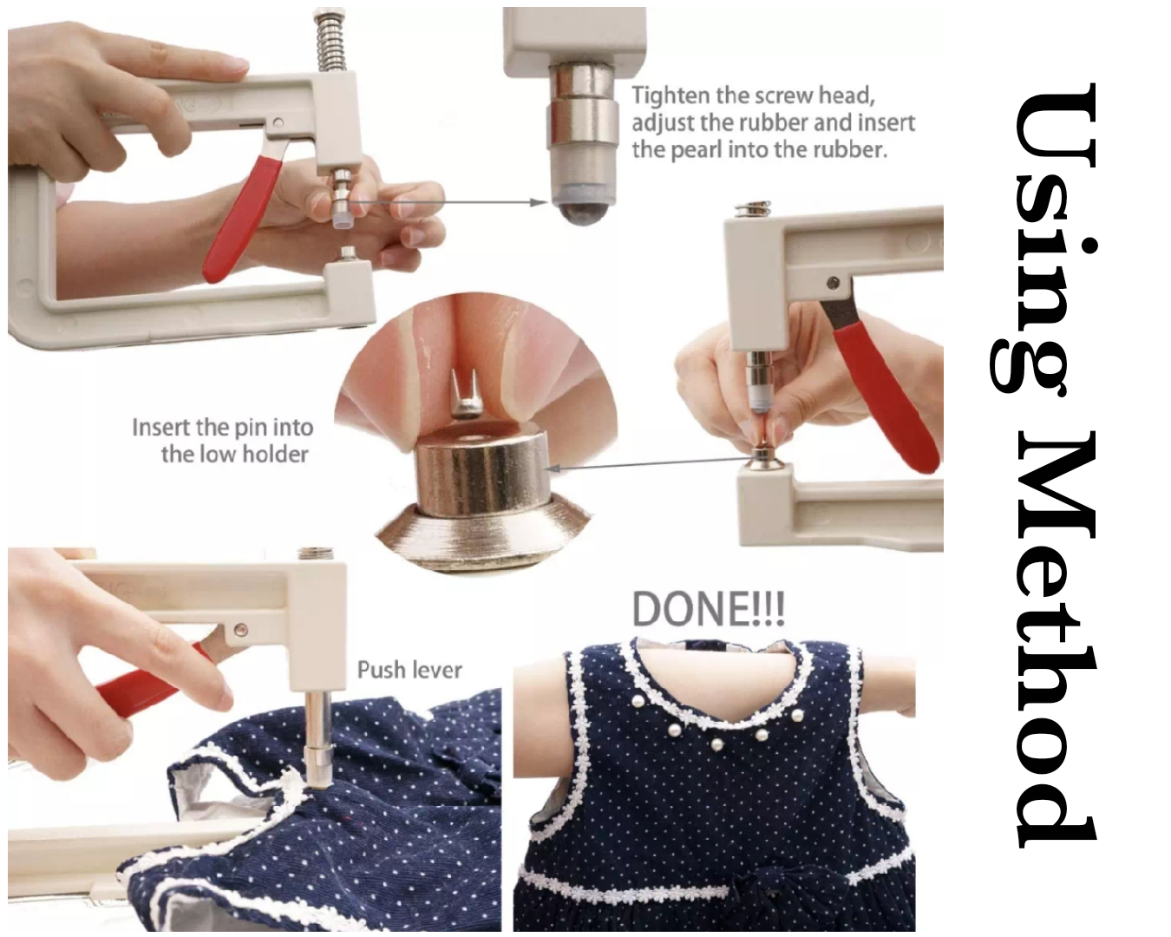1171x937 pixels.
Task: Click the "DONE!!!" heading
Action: [x=709, y=609]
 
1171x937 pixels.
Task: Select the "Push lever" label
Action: [x=409, y=671]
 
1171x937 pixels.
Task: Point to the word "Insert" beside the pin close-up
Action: [x=161, y=428]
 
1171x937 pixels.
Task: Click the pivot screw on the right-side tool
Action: [x=833, y=283]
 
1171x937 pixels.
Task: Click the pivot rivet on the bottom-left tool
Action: [x=240, y=631]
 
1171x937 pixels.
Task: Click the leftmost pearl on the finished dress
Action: [x=639, y=703]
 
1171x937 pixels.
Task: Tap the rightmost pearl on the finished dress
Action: [x=797, y=715]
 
